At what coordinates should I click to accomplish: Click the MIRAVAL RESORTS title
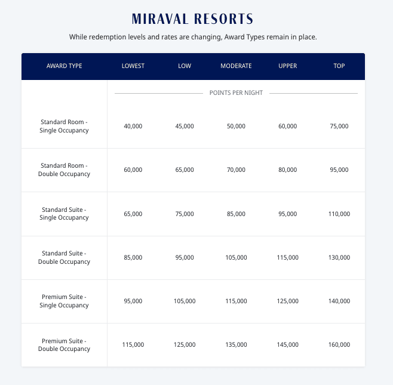(192, 19)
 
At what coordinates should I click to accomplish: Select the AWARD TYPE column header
(65, 66)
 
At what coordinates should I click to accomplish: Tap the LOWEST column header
(133, 66)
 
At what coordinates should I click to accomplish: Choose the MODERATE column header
(236, 66)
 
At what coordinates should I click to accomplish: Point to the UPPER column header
(287, 66)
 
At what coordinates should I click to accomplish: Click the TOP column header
(339, 66)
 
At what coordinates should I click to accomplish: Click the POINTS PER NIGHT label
(236, 93)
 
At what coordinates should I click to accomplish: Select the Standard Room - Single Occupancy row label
(65, 126)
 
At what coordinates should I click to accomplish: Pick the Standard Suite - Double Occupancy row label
(65, 257)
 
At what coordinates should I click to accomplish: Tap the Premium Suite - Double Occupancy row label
(65, 344)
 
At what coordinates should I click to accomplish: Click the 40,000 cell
(133, 126)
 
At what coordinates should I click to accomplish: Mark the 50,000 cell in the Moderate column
(236, 126)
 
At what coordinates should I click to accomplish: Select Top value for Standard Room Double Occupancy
(339, 170)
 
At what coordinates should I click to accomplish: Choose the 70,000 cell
(236, 170)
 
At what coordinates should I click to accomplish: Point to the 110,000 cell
(339, 214)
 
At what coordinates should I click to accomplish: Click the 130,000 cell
(339, 257)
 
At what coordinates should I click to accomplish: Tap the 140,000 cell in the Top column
(339, 301)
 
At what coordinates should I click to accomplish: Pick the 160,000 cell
(339, 344)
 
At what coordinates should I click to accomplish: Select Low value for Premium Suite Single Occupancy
(185, 301)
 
